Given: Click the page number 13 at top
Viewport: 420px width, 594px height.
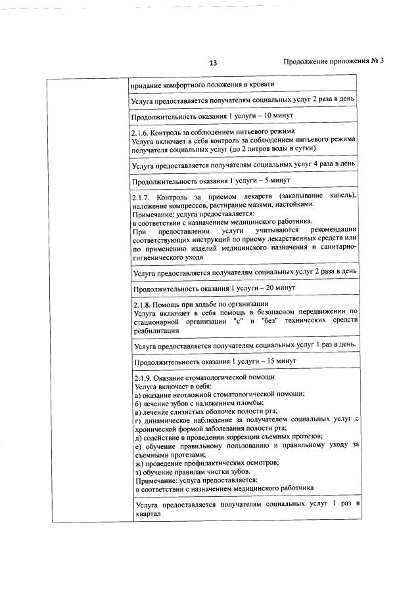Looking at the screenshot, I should point(212,63).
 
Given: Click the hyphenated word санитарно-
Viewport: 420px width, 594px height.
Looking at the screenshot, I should point(337,249).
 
